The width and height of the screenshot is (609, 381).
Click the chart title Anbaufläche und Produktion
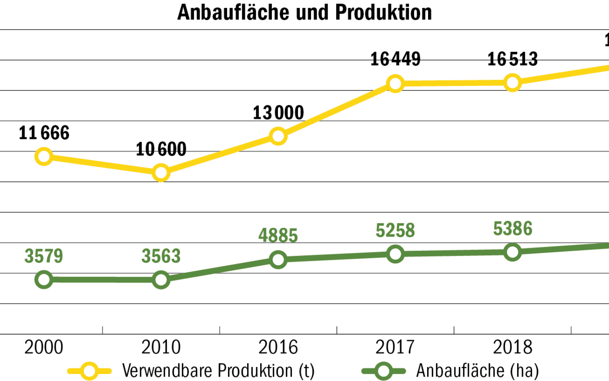tap(304, 12)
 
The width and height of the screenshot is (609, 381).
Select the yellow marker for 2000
tap(44, 156)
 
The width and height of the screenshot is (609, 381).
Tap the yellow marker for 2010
tap(161, 173)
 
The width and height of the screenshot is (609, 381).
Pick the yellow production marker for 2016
tap(278, 136)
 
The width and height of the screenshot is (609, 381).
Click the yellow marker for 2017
tap(395, 83)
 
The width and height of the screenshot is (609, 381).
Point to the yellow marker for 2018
tap(512, 82)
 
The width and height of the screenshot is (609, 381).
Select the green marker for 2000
tap(44, 279)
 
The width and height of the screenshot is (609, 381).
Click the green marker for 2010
tap(161, 280)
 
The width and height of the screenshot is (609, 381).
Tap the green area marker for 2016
tap(278, 260)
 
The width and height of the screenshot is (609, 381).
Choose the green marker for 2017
tap(395, 254)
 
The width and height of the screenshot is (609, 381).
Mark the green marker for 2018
tap(512, 252)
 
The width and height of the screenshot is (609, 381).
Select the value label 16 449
tap(395, 59)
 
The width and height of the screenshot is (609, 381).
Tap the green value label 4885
tap(278, 236)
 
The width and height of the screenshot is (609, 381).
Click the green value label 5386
tap(512, 229)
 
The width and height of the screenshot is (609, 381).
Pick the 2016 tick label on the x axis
tap(278, 347)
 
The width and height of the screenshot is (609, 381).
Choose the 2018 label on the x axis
tap(512, 347)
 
